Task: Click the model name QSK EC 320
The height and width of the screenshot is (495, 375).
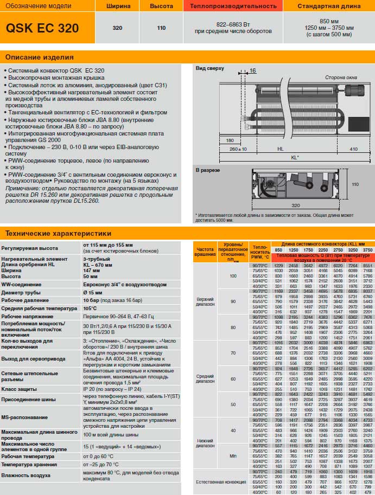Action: point(42,28)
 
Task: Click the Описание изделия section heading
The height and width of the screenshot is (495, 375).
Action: point(40,57)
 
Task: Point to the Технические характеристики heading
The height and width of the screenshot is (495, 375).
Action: point(58,234)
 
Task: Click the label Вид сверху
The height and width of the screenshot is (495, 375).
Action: point(209,68)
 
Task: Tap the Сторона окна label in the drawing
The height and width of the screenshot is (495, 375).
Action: point(341,78)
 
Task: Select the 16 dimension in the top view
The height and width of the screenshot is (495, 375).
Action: point(252,71)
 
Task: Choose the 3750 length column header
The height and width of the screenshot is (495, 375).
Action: point(367,250)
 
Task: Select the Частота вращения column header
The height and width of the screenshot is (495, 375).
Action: point(205,251)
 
